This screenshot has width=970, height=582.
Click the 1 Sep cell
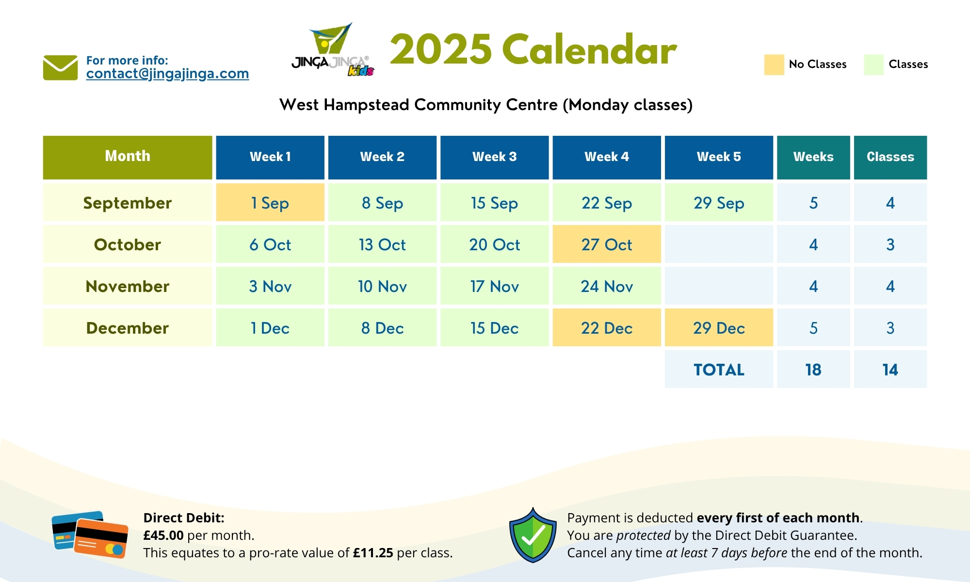pos(270,203)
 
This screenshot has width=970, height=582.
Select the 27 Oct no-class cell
pos(607,244)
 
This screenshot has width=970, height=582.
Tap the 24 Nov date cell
pos(607,286)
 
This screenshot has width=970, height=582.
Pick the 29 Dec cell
pos(719,328)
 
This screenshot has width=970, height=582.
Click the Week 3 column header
pos(495,157)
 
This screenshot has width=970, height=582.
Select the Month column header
pos(128,157)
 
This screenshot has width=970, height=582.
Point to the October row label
pos(128,244)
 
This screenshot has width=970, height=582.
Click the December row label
pos(128,328)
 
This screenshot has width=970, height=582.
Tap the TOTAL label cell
pos(719,370)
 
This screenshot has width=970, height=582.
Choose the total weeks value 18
pos(813,370)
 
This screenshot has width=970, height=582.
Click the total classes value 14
pos(890,370)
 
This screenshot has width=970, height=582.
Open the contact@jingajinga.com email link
pos(167,74)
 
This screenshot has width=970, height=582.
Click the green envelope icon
pos(60,67)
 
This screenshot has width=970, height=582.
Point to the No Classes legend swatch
pos(774,65)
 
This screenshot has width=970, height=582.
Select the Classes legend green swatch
pos(873,65)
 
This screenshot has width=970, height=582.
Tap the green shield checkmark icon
pos(533,535)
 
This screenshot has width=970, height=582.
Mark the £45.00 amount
pos(163,535)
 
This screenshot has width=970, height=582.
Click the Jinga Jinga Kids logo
pos(333,49)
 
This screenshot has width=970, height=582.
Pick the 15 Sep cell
pos(495,203)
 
